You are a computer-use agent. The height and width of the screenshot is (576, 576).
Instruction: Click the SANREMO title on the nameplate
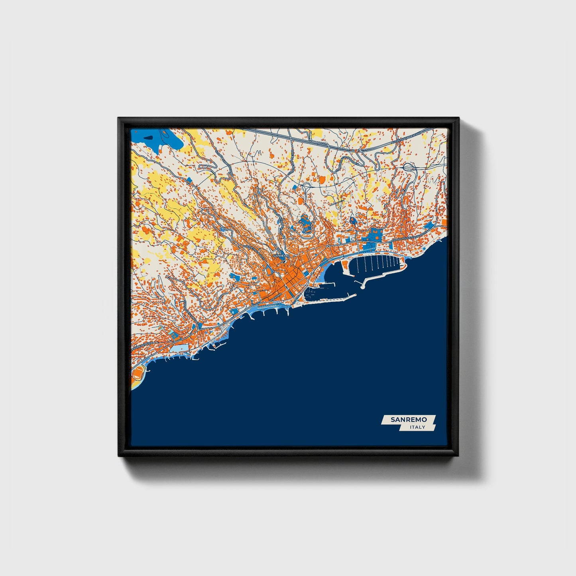(x=409, y=420)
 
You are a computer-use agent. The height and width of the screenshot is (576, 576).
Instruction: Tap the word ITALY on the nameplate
(x=417, y=427)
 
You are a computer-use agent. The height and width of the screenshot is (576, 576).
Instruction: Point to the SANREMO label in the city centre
(x=281, y=256)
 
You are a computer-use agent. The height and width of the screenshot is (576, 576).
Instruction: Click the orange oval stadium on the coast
(x=138, y=373)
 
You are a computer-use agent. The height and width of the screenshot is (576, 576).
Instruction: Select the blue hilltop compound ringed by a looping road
(x=305, y=224)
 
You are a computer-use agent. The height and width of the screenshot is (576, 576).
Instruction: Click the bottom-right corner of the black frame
(x=458, y=456)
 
